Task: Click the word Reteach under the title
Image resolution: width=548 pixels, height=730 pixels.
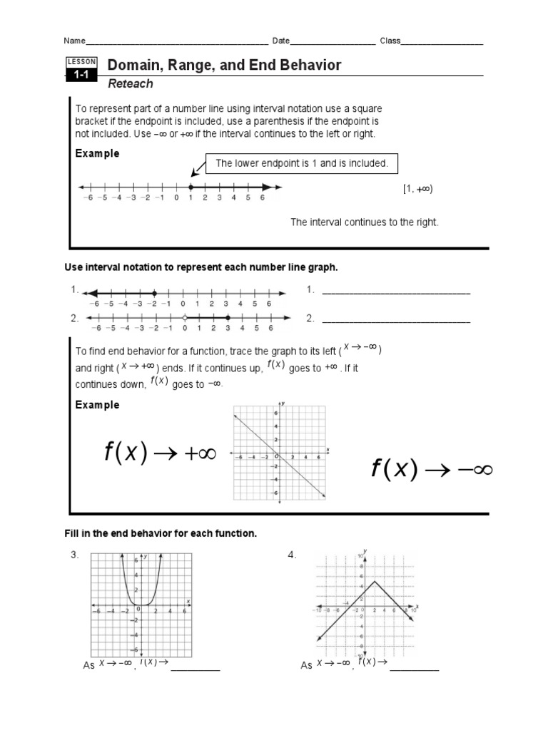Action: point(130,84)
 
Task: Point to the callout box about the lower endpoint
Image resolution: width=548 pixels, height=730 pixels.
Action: point(302,163)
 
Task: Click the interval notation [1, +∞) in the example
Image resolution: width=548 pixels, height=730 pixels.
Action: point(417,189)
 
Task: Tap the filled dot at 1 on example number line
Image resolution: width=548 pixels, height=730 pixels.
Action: point(190,187)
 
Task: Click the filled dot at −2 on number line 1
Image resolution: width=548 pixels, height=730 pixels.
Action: point(155,293)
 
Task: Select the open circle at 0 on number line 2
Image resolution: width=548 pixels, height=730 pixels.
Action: point(184,318)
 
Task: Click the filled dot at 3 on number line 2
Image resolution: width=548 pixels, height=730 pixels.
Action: point(227,318)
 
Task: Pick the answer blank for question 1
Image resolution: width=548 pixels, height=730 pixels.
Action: point(396,292)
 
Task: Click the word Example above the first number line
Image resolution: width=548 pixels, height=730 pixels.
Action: point(97,153)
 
